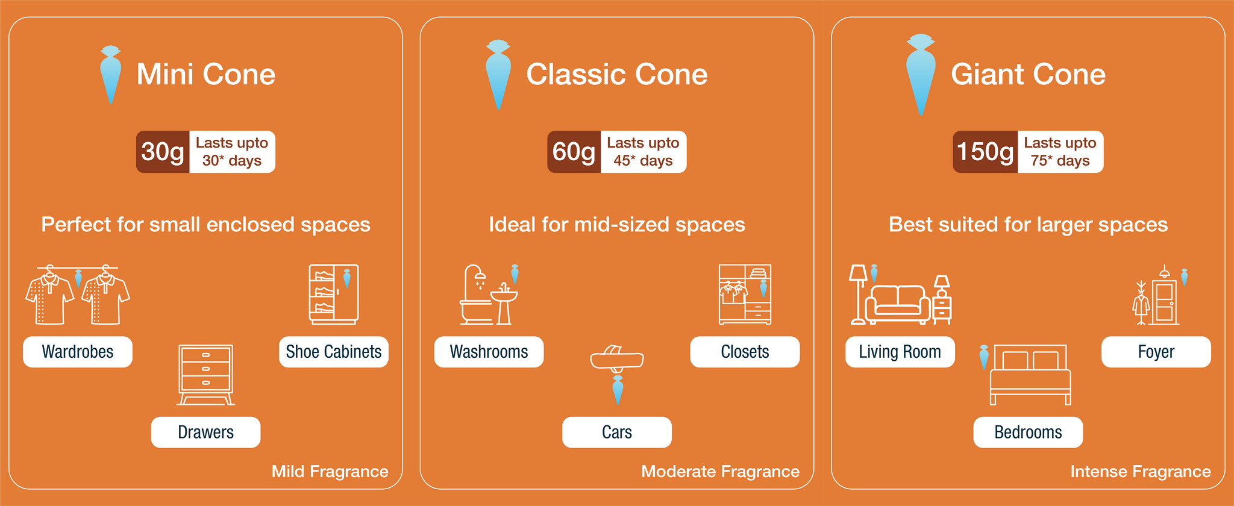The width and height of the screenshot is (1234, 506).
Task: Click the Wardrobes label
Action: click(78, 352)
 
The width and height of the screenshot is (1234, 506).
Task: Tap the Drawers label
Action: click(205, 433)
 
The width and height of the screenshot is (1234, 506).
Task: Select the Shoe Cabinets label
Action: click(334, 352)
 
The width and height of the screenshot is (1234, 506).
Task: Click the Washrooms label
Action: click(489, 352)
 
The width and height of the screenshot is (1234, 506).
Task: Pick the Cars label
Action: click(617, 433)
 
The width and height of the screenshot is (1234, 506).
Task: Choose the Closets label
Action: click(745, 352)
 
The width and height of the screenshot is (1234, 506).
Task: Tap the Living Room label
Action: click(900, 352)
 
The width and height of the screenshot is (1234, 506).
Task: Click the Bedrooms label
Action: click(1028, 433)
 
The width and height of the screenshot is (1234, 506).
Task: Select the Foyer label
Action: click(1156, 352)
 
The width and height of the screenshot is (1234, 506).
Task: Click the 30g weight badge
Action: click(163, 152)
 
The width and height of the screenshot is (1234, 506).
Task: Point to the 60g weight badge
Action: click(574, 152)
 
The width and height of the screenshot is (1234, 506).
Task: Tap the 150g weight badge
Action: click(985, 152)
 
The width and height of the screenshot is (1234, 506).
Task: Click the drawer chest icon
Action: click(206, 375)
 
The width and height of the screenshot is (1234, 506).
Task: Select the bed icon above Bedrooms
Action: click(1031, 375)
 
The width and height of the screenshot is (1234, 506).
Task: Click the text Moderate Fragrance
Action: click(721, 471)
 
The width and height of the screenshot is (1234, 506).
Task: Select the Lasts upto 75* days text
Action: click(1060, 152)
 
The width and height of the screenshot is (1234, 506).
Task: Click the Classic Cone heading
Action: click(617, 74)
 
